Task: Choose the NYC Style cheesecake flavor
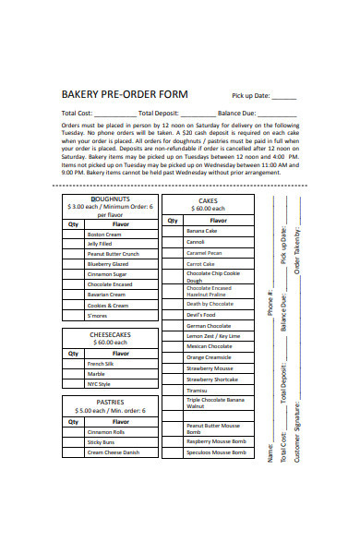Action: tap(100, 383)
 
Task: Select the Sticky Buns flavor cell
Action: tap(101, 442)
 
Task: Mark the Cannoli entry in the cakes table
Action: tap(196, 242)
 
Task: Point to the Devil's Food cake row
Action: tap(200, 315)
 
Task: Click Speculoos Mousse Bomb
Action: tap(216, 452)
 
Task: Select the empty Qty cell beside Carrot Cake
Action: tap(173, 263)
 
